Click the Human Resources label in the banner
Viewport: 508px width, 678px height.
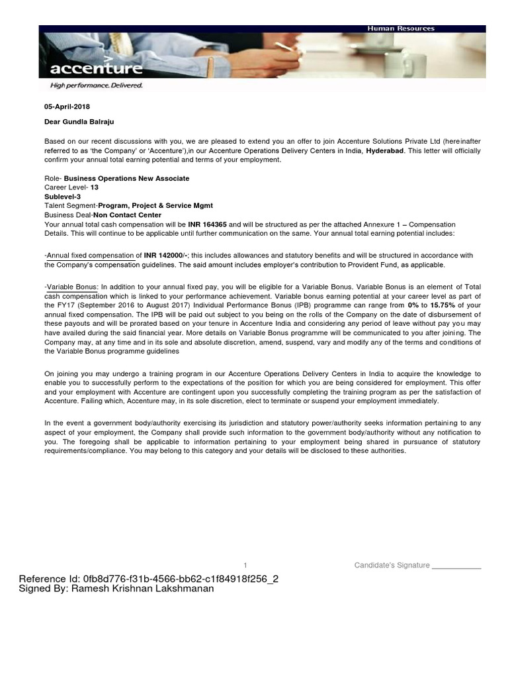click(402, 28)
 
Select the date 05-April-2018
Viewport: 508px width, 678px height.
click(67, 107)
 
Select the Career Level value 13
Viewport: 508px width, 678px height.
click(94, 187)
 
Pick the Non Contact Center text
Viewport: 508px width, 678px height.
click(127, 215)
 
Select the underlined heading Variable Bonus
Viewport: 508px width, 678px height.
click(71, 285)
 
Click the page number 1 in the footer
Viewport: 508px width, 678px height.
click(245, 565)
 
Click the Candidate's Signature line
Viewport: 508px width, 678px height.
click(417, 565)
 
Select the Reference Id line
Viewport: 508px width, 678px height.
click(149, 579)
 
